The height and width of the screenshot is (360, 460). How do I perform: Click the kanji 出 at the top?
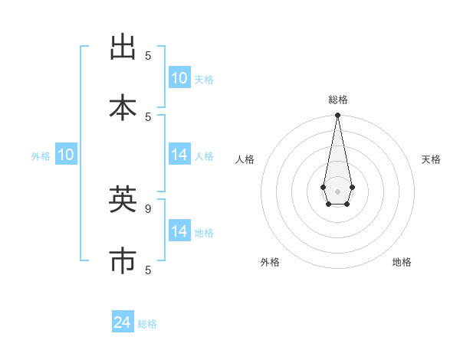click(x=123, y=47)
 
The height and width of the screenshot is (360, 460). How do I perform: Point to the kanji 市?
click(x=123, y=260)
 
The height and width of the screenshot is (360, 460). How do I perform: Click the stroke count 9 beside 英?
click(x=148, y=208)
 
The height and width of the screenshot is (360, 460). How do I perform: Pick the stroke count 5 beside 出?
click(x=148, y=55)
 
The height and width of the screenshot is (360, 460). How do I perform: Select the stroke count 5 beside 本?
click(x=148, y=116)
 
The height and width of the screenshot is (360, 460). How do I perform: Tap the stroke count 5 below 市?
click(x=148, y=270)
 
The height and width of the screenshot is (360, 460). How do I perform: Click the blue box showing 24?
click(x=123, y=322)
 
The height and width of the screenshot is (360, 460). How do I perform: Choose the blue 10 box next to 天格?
click(x=179, y=78)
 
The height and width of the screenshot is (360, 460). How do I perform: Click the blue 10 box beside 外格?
click(x=66, y=155)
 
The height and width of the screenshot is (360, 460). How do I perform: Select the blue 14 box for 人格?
click(x=179, y=155)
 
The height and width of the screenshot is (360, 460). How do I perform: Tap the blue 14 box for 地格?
click(x=179, y=231)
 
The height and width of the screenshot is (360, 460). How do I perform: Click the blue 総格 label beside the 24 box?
click(x=147, y=324)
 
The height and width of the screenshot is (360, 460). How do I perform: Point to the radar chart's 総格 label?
click(x=337, y=100)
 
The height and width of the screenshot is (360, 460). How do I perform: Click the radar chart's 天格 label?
click(x=431, y=159)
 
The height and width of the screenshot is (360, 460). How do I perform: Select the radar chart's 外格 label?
click(x=270, y=262)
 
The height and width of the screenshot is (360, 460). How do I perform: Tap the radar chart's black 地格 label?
click(x=402, y=262)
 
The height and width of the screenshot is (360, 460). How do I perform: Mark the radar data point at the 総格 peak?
click(x=337, y=116)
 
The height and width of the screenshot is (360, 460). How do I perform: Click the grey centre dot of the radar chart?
click(x=337, y=191)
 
